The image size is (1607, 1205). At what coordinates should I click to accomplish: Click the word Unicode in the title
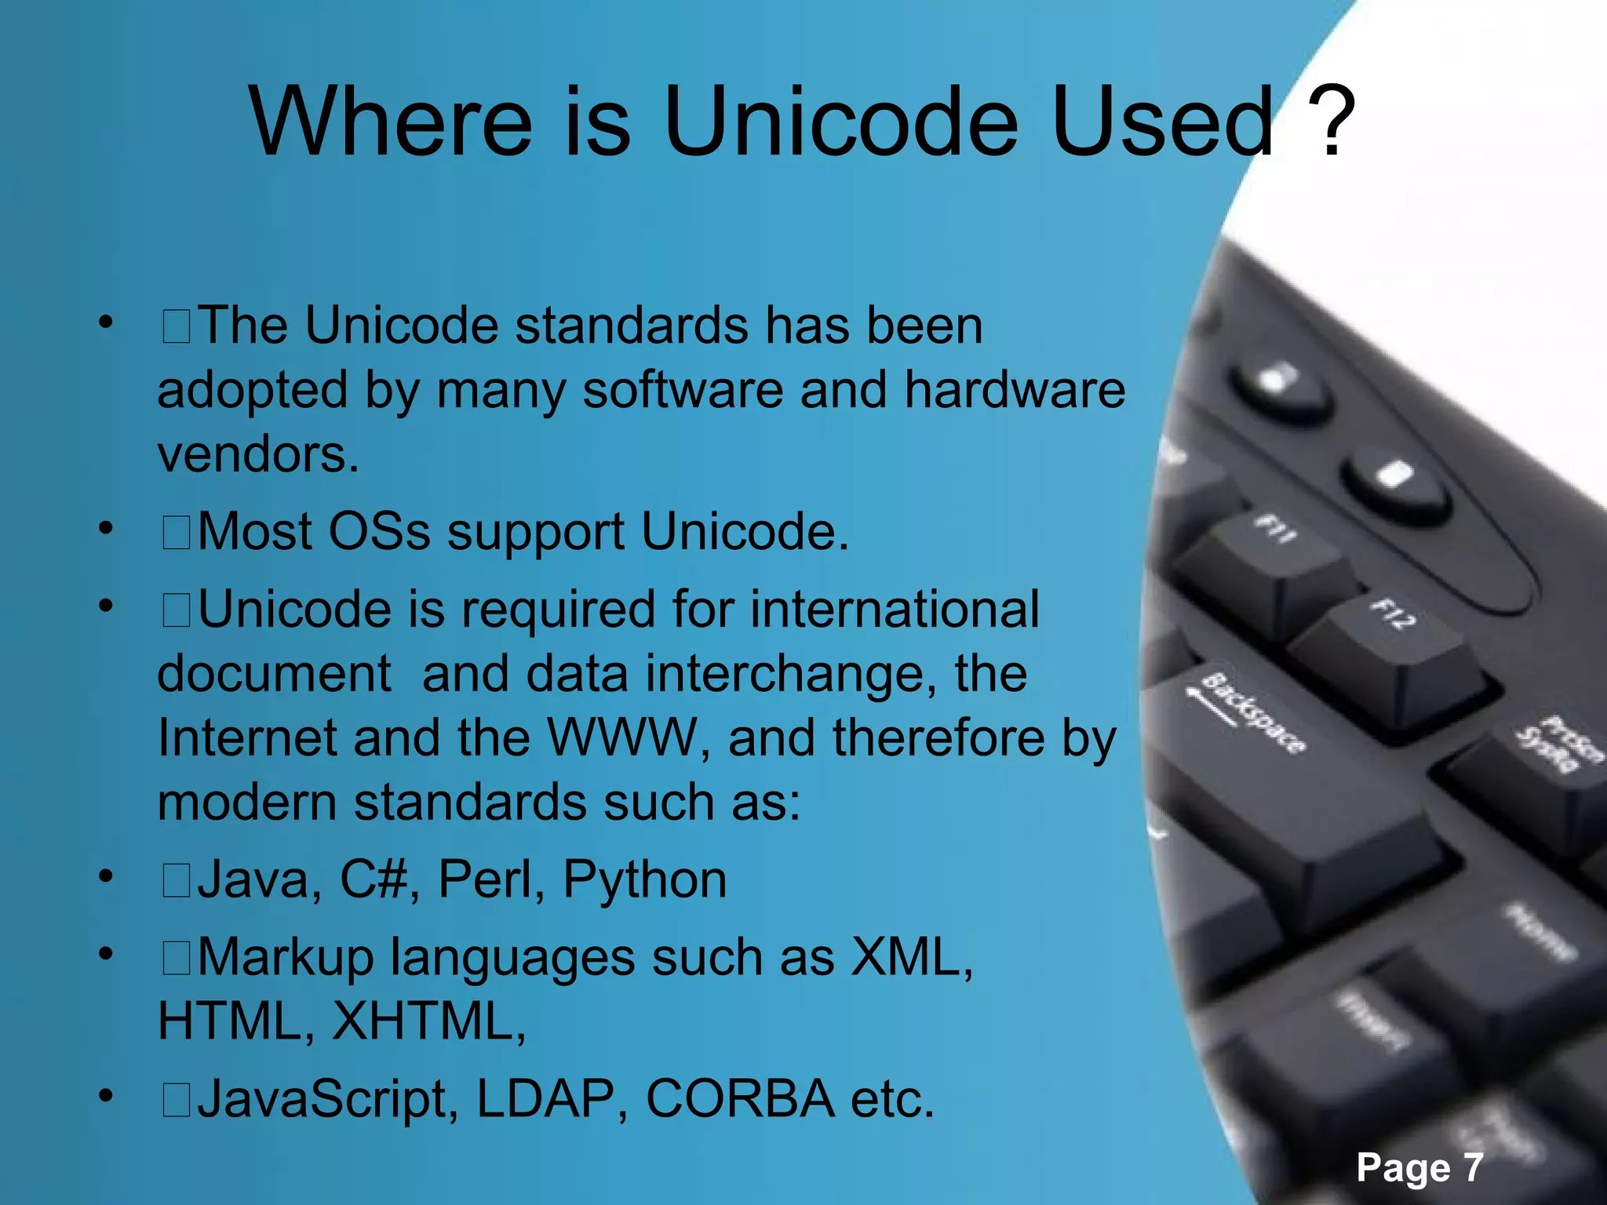840,122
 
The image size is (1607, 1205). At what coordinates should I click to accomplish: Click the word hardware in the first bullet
1015,389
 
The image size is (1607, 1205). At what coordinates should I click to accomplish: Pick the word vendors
258,454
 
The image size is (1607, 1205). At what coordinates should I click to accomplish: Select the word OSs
379,531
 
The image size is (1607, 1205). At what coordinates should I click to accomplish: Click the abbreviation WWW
622,738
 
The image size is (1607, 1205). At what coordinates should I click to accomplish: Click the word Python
645,880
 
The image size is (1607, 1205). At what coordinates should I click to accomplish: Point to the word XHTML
428,1021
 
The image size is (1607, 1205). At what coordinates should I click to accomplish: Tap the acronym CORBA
739,1098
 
